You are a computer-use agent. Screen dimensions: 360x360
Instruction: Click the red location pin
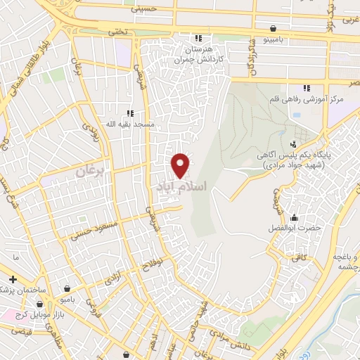point(181,165)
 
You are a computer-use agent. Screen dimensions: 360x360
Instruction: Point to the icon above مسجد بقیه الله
point(129,112)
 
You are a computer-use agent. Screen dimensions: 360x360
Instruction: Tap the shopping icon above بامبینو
point(272,29)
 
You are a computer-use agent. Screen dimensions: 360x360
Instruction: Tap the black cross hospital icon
point(13,280)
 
